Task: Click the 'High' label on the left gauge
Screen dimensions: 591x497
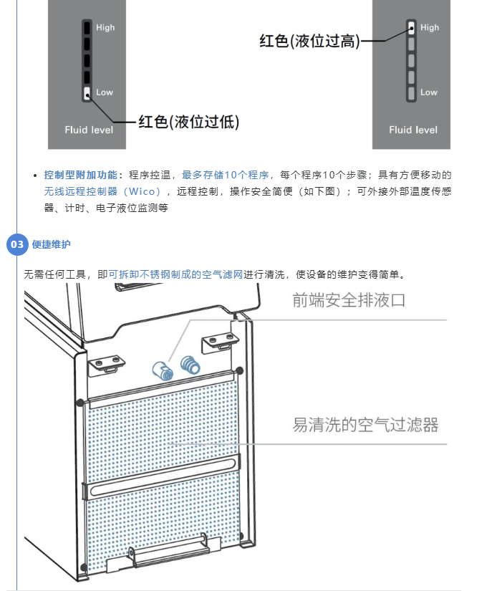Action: tap(105, 28)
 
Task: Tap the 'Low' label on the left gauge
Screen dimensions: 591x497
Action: tap(105, 92)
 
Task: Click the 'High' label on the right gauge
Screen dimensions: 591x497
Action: tap(430, 28)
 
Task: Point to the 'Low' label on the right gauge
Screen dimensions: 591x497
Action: tap(429, 92)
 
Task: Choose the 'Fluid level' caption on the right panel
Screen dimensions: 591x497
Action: tap(413, 130)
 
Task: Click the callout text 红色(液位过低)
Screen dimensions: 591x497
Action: tap(188, 121)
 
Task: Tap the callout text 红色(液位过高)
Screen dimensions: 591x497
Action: tap(309, 42)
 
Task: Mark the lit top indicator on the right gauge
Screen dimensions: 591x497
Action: tap(412, 28)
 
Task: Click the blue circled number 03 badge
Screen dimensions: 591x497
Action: tap(18, 244)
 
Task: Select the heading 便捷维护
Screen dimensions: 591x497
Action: tap(52, 245)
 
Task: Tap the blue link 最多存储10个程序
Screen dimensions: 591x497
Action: tap(226, 175)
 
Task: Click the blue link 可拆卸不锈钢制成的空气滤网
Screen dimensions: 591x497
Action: tap(175, 274)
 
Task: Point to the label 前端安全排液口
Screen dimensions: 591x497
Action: tap(349, 300)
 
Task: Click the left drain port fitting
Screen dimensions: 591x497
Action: tap(163, 370)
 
